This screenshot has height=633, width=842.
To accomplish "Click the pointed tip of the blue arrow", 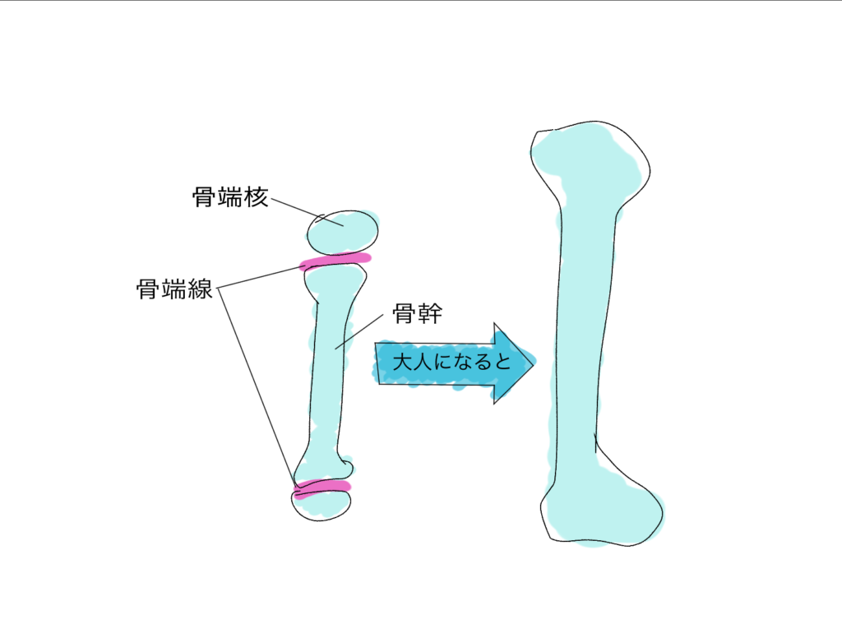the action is click(x=533, y=363).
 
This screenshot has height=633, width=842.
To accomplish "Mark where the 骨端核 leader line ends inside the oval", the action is click(x=343, y=225).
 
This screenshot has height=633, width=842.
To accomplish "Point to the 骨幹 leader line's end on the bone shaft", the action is click(x=335, y=349).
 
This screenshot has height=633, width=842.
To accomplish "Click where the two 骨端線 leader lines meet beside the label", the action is click(x=217, y=289).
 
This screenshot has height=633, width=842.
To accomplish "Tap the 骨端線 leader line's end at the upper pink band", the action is click(x=304, y=266).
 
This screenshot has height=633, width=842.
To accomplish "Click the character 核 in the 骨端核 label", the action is click(x=257, y=197).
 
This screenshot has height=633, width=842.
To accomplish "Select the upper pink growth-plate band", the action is click(x=335, y=261).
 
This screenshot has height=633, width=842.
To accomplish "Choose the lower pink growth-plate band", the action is click(x=322, y=488).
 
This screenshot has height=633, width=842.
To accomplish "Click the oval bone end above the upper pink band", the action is click(x=343, y=233).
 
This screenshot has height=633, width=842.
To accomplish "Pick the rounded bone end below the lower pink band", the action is click(x=322, y=504).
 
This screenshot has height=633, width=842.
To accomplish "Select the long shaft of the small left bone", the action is click(x=329, y=371).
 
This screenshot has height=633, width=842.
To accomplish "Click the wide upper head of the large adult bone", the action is click(x=590, y=161).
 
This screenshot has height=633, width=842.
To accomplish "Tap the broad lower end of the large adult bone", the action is click(x=601, y=507).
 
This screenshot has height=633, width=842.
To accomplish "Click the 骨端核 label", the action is click(x=230, y=197).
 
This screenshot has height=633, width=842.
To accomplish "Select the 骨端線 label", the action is click(x=174, y=289).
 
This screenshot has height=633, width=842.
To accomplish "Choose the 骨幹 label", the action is click(x=417, y=313).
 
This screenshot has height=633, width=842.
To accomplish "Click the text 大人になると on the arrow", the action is click(x=451, y=362).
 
